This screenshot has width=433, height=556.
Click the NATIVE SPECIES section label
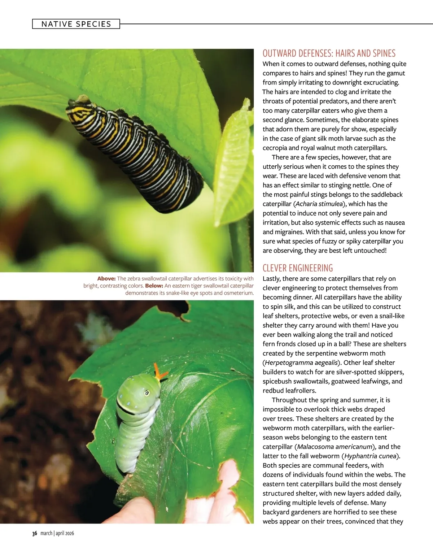[x=76, y=24]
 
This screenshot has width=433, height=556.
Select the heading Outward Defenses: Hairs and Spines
[x=329, y=53]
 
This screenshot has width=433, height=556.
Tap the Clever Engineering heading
[x=298, y=268]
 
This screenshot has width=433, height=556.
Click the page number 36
[x=35, y=533]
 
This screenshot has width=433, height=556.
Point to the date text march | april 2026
[x=57, y=533]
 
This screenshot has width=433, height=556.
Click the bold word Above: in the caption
[x=106, y=278]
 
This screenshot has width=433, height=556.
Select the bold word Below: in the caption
[x=154, y=286]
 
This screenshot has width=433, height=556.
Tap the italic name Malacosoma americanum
[x=334, y=447]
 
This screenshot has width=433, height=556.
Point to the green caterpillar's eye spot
[x=147, y=392]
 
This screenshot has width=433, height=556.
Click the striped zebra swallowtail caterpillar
[x=135, y=144]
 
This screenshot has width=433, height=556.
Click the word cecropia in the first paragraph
[x=276, y=148]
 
